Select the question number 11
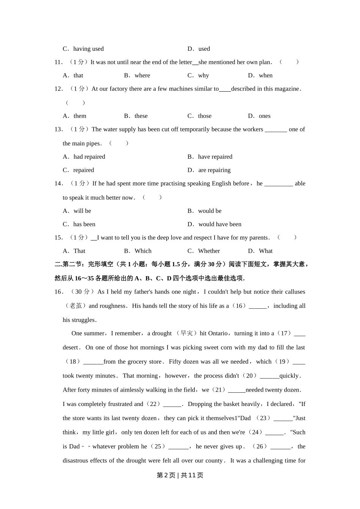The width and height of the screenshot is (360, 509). [58, 62]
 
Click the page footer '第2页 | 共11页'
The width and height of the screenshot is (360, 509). [180, 475]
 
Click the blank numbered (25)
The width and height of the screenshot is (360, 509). [178, 447]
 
